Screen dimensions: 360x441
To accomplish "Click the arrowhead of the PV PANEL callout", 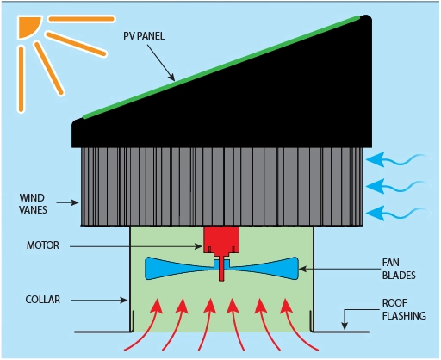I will [x=171, y=79].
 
